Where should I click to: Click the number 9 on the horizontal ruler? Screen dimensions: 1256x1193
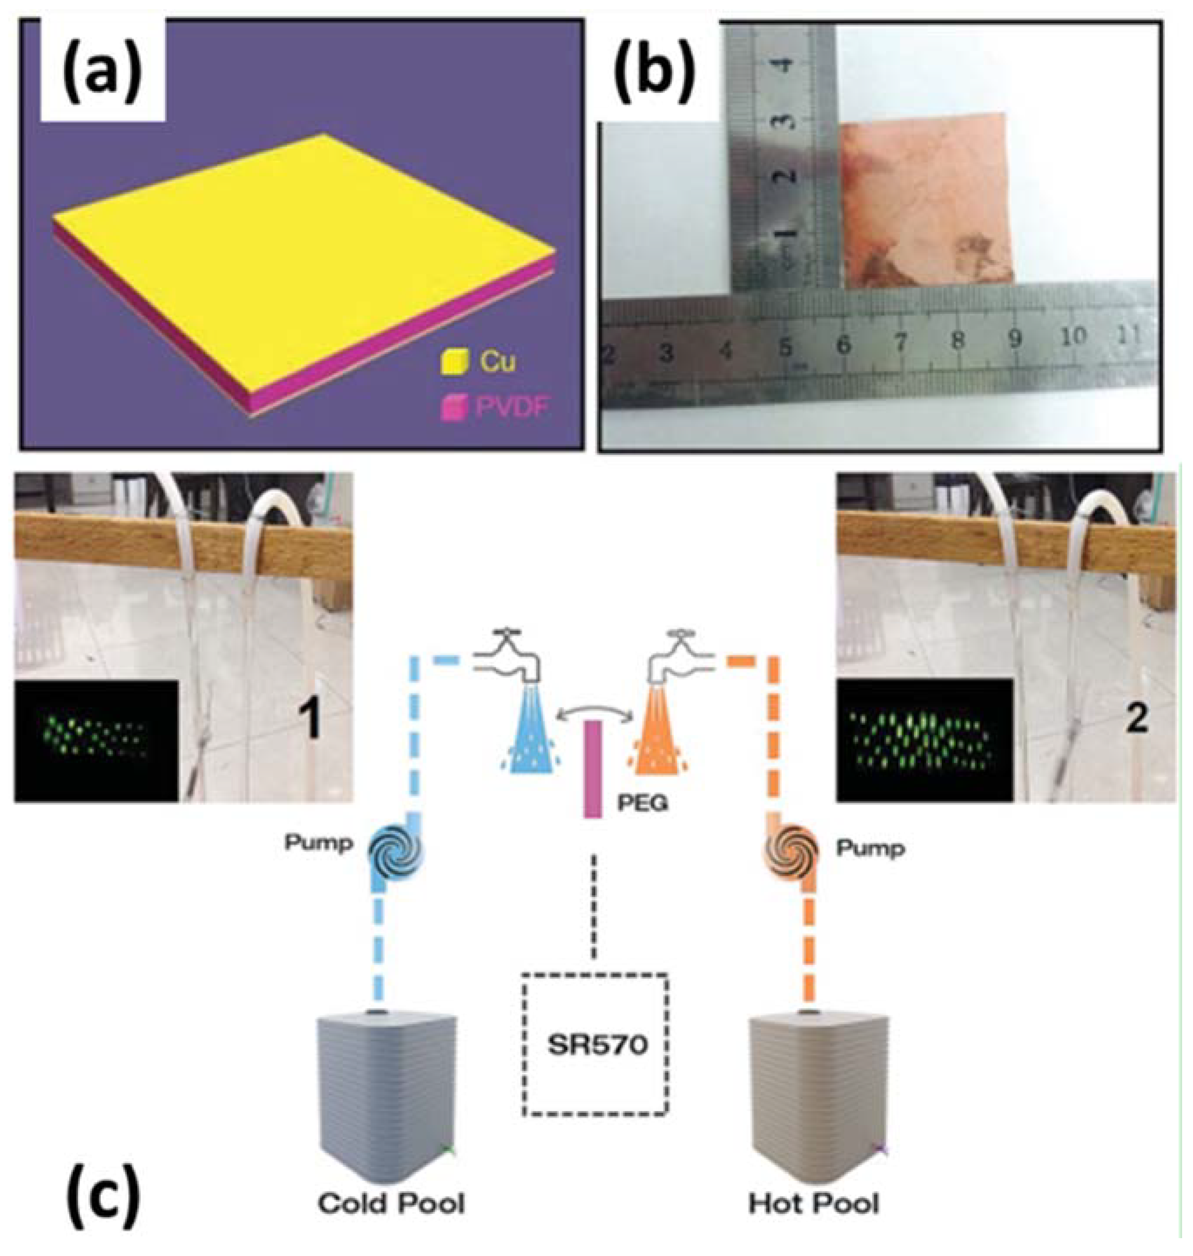tap(1015, 341)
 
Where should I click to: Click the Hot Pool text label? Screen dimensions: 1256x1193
tap(813, 1203)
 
